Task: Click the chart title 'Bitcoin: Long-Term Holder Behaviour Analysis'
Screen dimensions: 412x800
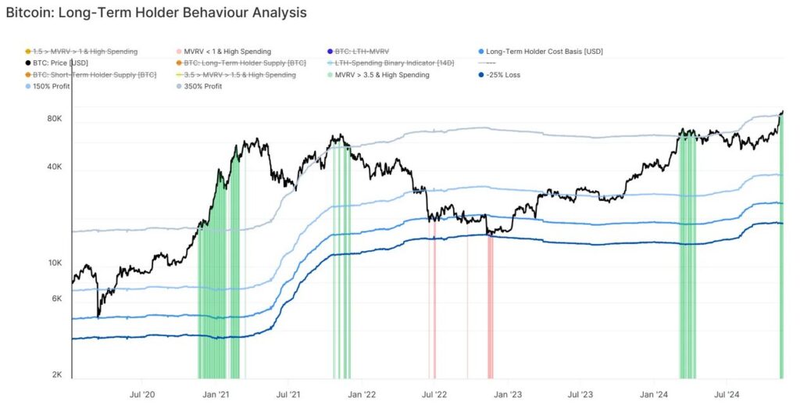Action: click(x=156, y=13)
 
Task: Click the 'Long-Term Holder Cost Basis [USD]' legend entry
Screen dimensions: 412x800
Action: click(x=545, y=52)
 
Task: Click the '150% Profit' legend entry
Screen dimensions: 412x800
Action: click(x=52, y=86)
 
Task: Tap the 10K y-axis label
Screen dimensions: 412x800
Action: click(x=55, y=263)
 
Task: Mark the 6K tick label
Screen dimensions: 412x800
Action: click(x=57, y=299)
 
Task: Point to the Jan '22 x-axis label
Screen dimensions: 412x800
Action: click(x=362, y=396)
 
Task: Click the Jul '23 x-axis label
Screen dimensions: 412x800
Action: click(x=580, y=396)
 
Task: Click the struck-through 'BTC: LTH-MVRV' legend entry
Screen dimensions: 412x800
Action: click(x=362, y=52)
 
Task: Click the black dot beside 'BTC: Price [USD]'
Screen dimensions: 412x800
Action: click(x=28, y=63)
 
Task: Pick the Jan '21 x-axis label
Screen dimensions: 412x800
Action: click(x=215, y=396)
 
